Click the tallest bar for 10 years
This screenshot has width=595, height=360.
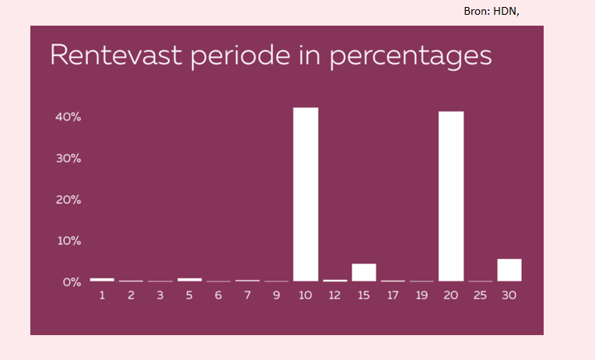click(x=306, y=194)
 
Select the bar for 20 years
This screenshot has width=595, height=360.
click(x=451, y=196)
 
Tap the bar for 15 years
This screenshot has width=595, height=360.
click(x=364, y=272)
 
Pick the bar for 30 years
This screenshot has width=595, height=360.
click(x=509, y=270)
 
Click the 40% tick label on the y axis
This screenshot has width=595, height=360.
click(x=68, y=117)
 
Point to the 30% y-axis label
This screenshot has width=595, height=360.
click(x=68, y=158)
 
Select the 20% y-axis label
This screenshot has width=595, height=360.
click(x=68, y=200)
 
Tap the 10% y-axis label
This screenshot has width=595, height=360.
click(x=69, y=240)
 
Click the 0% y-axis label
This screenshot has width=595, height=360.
click(x=72, y=281)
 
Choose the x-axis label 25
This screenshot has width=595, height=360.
click(x=480, y=295)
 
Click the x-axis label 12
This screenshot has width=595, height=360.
click(x=334, y=295)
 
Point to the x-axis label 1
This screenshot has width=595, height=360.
click(x=102, y=295)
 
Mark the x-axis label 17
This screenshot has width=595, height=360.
click(x=393, y=295)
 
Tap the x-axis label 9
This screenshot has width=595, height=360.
click(x=276, y=295)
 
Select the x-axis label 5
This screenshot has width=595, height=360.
click(x=189, y=295)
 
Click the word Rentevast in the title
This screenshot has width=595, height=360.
click(x=116, y=55)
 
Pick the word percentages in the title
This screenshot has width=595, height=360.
click(x=411, y=57)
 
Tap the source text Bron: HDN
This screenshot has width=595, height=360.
click(x=492, y=12)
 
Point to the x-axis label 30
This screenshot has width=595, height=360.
click(x=509, y=295)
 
